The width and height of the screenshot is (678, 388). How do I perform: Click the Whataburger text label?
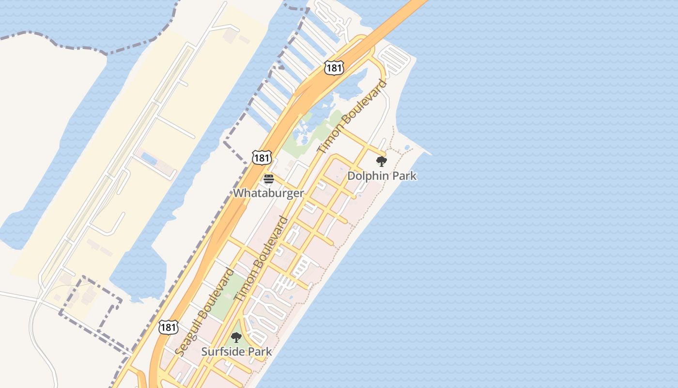[268, 193]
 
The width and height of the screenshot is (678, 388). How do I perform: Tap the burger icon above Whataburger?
[269, 179]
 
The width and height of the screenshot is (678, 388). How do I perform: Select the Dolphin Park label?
[382, 176]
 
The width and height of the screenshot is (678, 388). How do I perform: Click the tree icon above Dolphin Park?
[382, 162]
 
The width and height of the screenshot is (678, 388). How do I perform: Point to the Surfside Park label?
[236, 352]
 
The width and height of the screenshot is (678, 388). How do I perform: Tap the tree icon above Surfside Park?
[236, 338]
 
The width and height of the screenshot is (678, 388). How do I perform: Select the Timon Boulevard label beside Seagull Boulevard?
[261, 259]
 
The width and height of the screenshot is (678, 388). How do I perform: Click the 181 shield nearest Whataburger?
[262, 157]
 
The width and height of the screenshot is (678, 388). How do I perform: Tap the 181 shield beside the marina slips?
[334, 68]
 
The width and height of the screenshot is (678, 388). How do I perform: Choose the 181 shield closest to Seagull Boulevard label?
[168, 327]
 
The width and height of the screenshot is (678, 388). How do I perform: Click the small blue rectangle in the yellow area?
[149, 158]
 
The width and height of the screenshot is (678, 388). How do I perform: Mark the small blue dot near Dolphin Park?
[407, 147]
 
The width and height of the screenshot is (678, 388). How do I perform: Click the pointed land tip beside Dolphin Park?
[429, 154]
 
